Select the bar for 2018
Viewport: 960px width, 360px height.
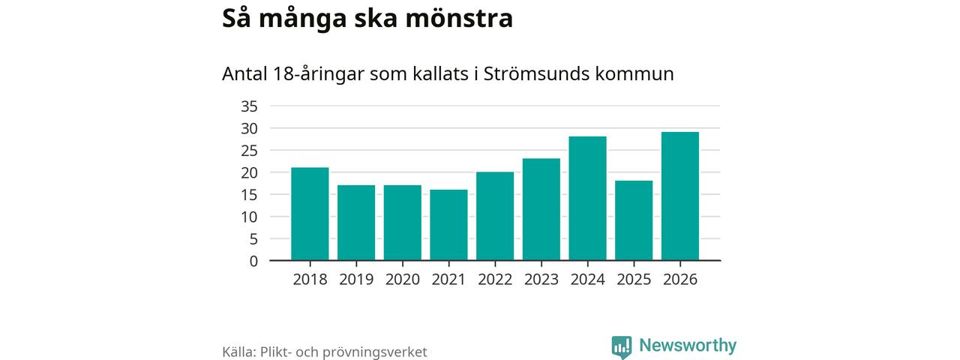point(310,214)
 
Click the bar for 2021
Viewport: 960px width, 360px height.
point(448,225)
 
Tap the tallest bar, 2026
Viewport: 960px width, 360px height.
point(680,196)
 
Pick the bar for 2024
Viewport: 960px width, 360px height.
point(587,198)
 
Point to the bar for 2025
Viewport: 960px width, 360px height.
point(634,220)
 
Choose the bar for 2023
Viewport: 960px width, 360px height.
point(541,209)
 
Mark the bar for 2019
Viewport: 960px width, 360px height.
point(356,223)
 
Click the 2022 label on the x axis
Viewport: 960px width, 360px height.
point(495,280)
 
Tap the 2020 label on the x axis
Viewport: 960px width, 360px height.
point(403,280)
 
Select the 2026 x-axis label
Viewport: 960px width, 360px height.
point(680,280)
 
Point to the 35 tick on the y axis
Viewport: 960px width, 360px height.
point(249,106)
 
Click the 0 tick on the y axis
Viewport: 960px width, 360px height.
point(253,261)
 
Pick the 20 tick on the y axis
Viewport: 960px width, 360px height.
point(249,172)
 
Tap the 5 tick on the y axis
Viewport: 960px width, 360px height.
point(253,239)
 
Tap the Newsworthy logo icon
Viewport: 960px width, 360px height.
point(622,346)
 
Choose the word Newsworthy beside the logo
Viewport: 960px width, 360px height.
point(688,346)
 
